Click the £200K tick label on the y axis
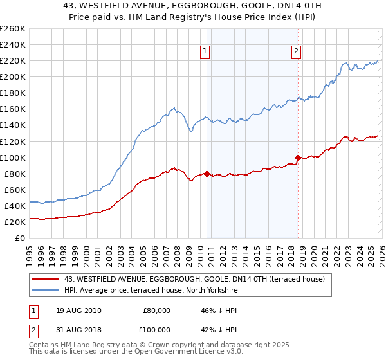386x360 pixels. pyautogui.click(x=13, y=76)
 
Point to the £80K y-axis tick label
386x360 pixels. pyautogui.click(x=15, y=174)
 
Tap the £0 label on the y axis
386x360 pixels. pyautogui.click(x=20, y=238)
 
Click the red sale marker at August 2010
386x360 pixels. pyautogui.click(x=207, y=173)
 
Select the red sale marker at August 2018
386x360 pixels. pyautogui.click(x=298, y=157)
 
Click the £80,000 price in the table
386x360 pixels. pyautogui.click(x=157, y=310)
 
